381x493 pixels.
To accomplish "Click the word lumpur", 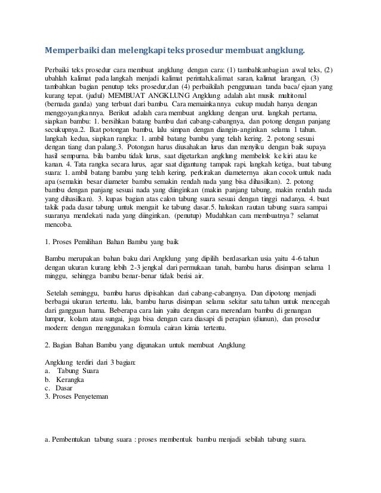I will pyautogui.click(x=58, y=320).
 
